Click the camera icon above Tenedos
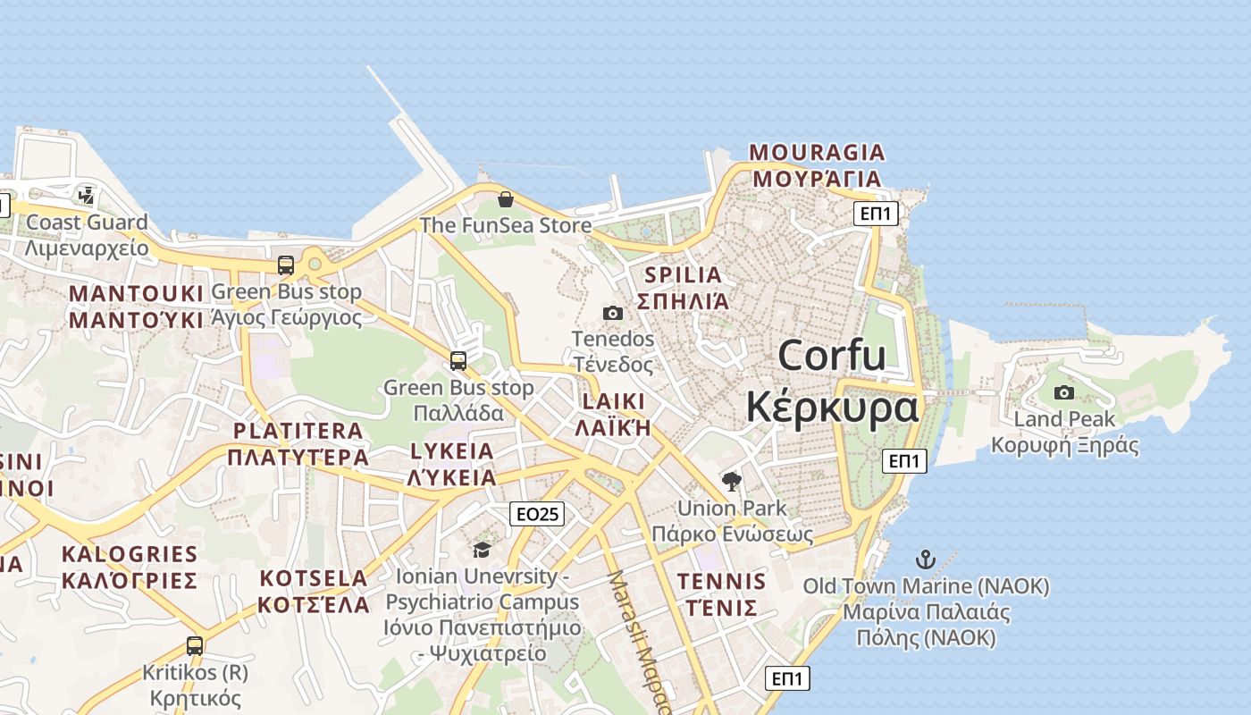coord(612,313)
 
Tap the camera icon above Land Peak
coord(1063,392)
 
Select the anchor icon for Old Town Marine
coord(925,560)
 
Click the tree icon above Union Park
coord(732,482)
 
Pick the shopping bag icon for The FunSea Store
coord(505,198)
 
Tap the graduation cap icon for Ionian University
coord(482,550)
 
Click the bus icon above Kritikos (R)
coord(195,645)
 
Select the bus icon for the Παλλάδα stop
coord(458,361)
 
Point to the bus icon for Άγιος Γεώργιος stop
coord(286,265)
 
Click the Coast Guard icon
coord(87,195)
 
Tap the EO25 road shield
coord(537,514)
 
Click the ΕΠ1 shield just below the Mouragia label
coord(877,213)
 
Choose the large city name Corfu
coord(831,356)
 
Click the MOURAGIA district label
coord(817,152)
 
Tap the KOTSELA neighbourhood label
coord(313,578)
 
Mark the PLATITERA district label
coord(298,431)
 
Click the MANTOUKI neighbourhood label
coord(137,294)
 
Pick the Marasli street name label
coord(636,639)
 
